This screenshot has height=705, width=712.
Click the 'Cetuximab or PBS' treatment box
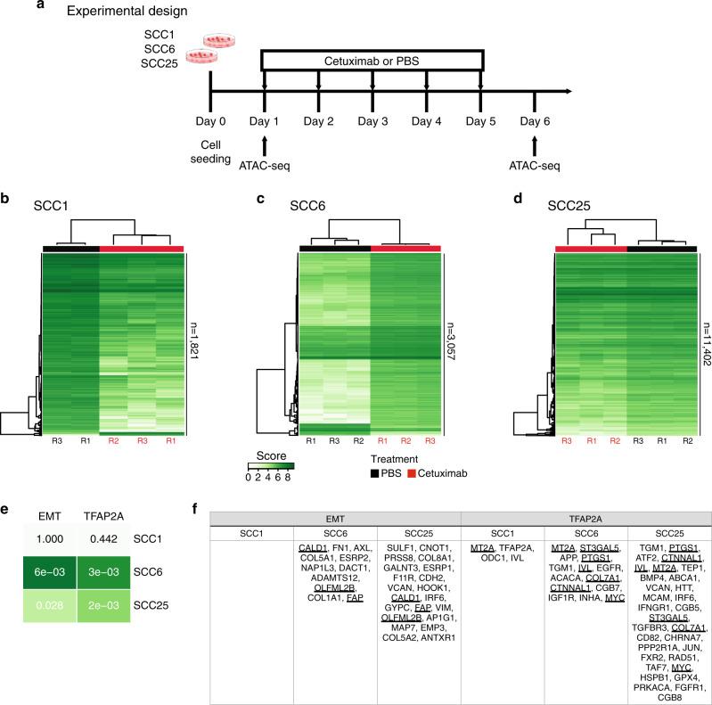[371, 60]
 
